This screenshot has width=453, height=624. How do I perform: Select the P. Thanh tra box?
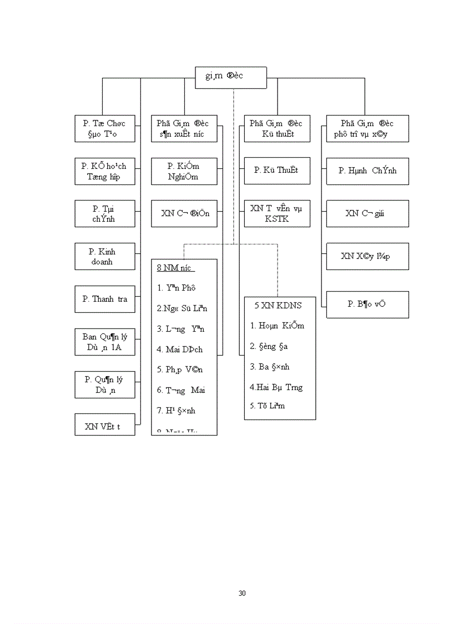[105, 299]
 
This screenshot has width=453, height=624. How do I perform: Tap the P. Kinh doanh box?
[105, 257]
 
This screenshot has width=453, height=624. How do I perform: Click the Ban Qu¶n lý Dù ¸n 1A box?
[105, 342]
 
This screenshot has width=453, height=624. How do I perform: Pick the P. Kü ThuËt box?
[276, 171]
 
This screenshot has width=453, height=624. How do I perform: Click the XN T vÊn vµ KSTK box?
[276, 213]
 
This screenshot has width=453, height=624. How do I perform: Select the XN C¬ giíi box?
[367, 213]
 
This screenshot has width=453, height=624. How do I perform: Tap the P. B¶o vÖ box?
[367, 304]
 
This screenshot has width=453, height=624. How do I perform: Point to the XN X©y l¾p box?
[367, 256]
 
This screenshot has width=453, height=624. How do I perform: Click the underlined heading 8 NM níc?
[175, 268]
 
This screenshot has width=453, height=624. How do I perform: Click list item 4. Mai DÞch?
[180, 350]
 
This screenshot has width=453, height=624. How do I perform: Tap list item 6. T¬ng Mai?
[181, 390]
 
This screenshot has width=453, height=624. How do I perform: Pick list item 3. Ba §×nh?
[269, 367]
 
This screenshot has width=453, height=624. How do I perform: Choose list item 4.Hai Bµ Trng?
[276, 387]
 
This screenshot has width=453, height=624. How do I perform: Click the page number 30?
[242, 593]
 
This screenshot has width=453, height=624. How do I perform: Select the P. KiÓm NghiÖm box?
[184, 171]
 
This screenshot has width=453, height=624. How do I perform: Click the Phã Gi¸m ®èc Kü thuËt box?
[276, 128]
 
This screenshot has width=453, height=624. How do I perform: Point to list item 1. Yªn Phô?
[176, 288]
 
